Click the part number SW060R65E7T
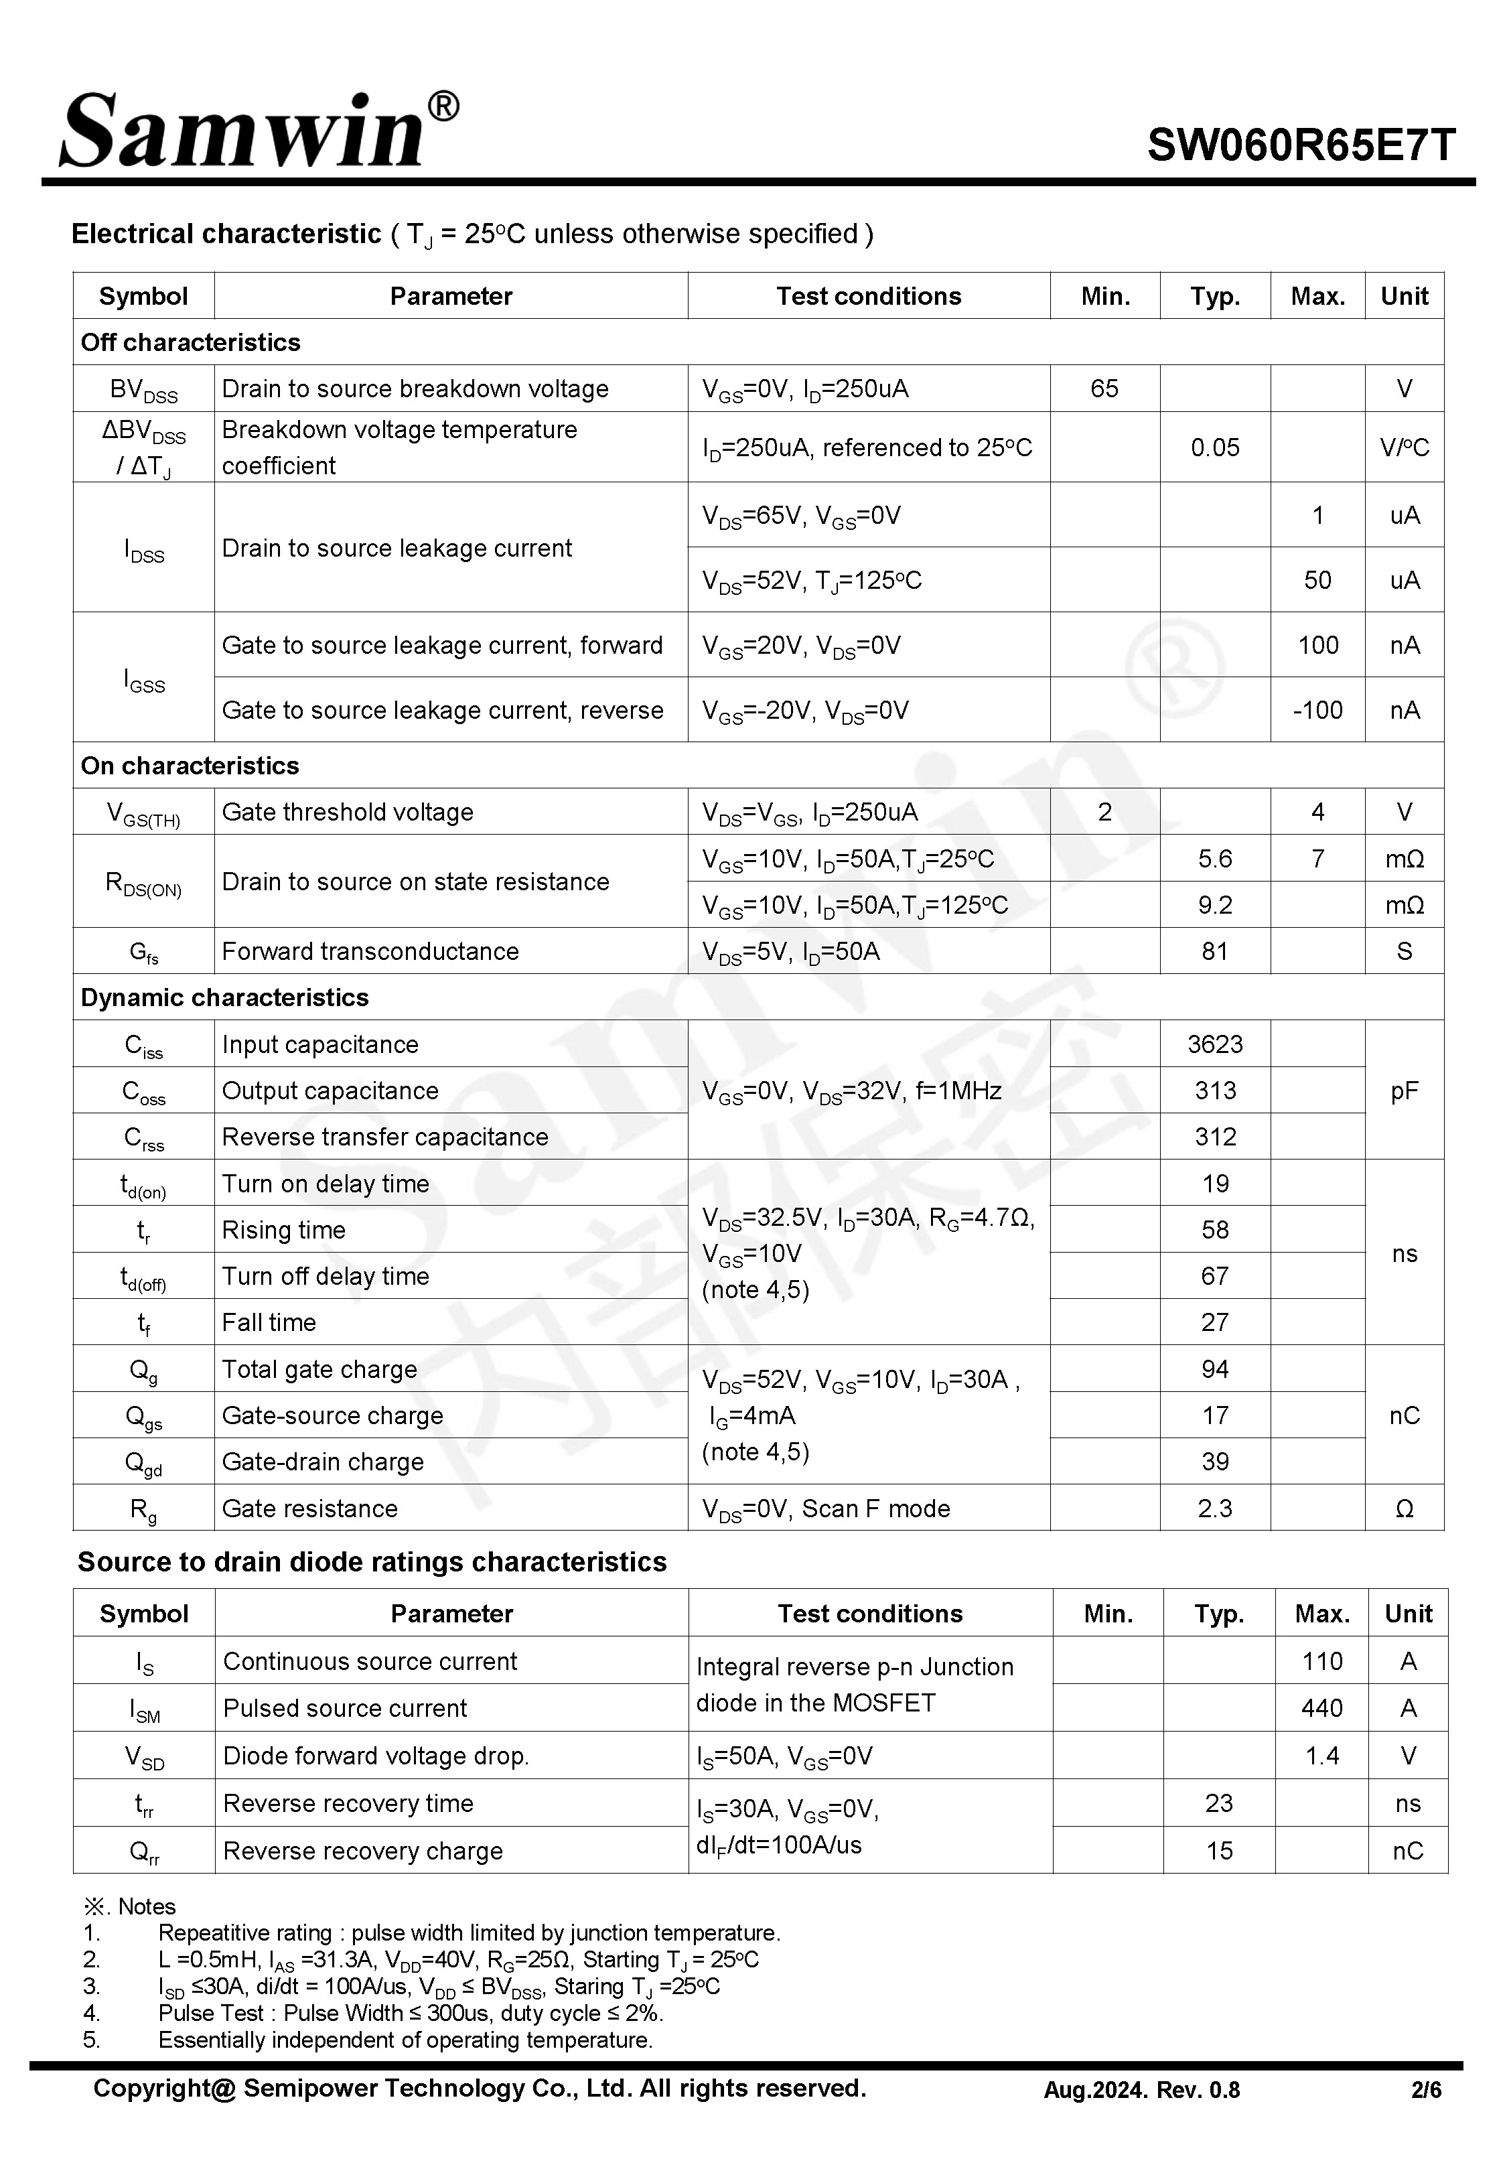tap(1300, 145)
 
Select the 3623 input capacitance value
tap(1214, 1044)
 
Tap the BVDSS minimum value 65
tap(1104, 388)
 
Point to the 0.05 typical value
tap(1214, 447)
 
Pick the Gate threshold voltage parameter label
tap(348, 812)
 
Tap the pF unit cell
tap(1404, 1091)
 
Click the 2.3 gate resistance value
tap(1214, 1508)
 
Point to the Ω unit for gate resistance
tap(1404, 1508)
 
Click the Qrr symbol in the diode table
tap(143, 1851)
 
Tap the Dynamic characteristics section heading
tap(225, 998)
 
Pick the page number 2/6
tap(1426, 2090)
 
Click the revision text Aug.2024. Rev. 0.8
tap(1141, 2090)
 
